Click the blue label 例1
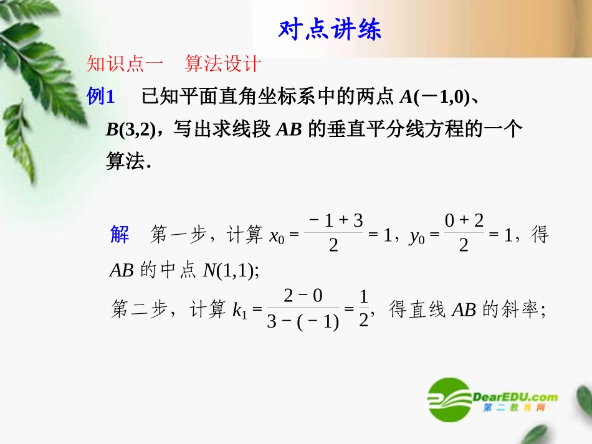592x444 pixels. tap(102, 97)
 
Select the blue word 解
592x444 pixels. tap(120, 235)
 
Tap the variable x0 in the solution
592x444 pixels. tap(277, 237)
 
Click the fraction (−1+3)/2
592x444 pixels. tap(335, 232)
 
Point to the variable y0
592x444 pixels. tap(417, 237)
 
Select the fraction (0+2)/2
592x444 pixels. tap(464, 232)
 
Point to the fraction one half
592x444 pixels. tap(365, 309)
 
